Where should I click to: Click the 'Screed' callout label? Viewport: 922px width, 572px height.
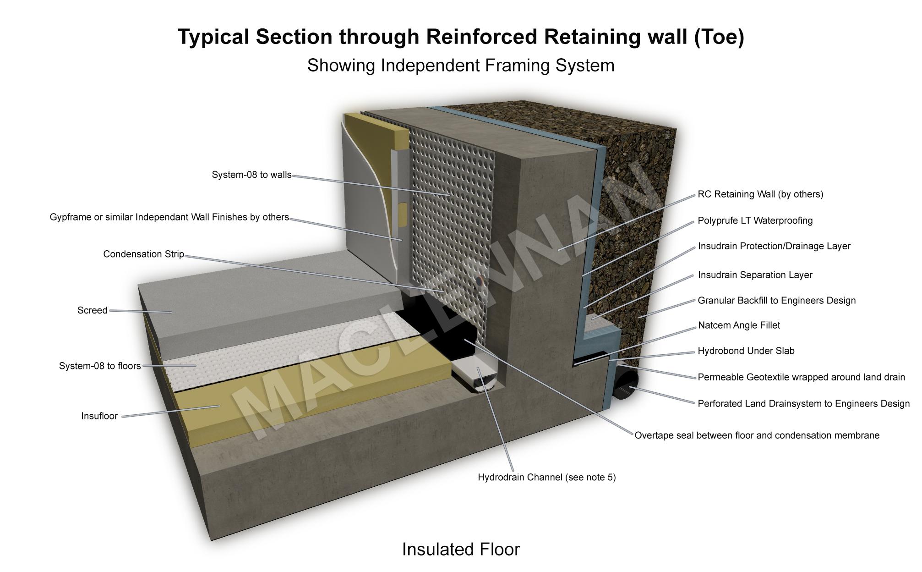[92, 310]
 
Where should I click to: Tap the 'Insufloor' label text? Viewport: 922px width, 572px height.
[99, 416]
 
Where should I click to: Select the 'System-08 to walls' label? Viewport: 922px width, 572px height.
[251, 175]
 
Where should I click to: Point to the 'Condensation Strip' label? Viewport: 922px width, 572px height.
[143, 254]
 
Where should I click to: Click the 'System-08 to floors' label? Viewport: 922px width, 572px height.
[100, 366]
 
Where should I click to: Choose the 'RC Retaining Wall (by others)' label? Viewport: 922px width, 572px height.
[760, 194]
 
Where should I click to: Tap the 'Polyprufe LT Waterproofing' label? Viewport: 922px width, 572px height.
[755, 220]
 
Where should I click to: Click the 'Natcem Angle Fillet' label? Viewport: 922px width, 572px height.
[739, 325]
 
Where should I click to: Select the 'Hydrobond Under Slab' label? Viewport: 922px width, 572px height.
[746, 351]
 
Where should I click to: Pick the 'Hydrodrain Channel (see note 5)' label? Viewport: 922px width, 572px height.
[546, 478]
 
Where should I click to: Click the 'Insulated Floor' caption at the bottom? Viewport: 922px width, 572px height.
[461, 549]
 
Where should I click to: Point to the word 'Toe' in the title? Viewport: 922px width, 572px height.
[718, 37]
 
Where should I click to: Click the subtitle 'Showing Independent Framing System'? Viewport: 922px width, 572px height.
[461, 66]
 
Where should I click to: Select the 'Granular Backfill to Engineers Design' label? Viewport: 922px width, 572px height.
[776, 301]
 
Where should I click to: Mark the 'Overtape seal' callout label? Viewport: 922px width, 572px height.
[757, 435]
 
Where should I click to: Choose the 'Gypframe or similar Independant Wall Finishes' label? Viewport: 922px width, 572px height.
[169, 217]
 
